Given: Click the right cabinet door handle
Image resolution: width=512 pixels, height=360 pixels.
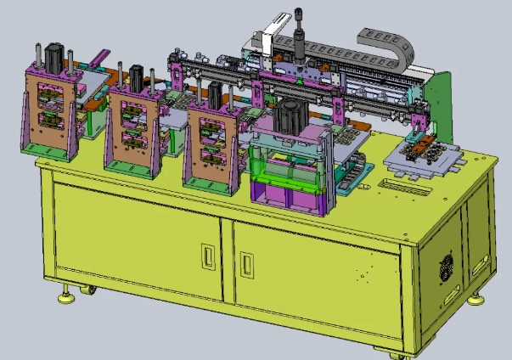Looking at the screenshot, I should click(x=246, y=264).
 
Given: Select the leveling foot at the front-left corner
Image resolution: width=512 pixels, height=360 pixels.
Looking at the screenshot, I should click(x=65, y=297).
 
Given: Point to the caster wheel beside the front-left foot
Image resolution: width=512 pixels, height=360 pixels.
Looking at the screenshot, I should click(x=87, y=293).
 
